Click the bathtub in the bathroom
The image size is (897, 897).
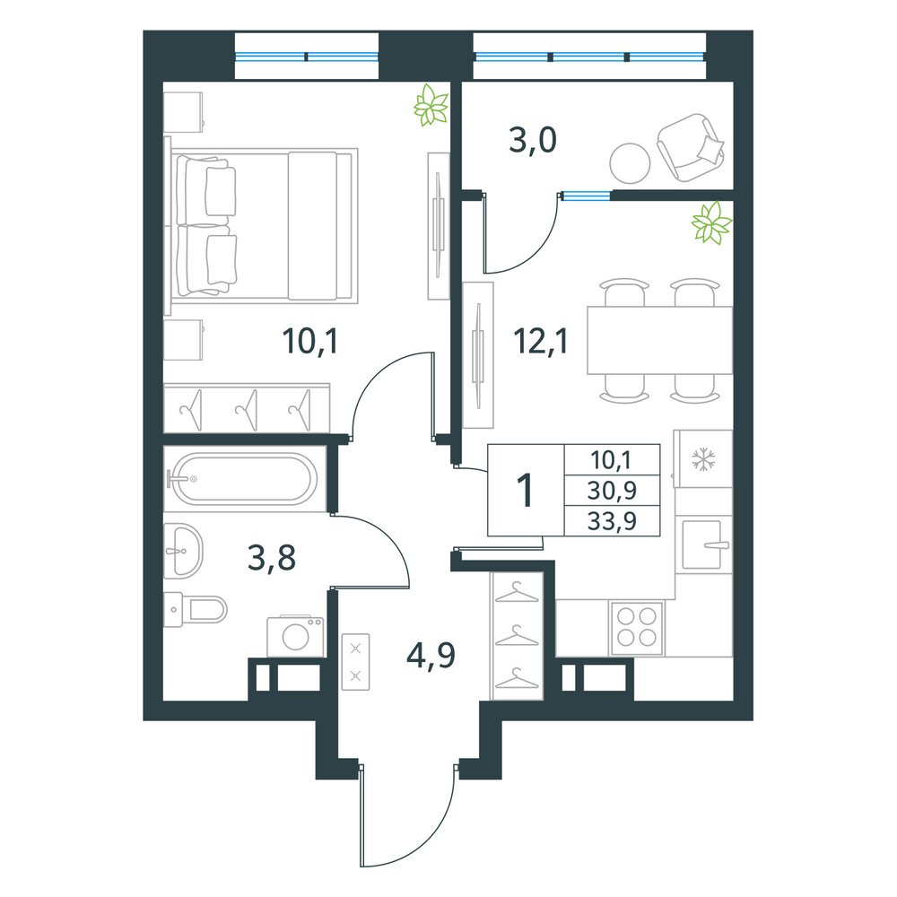coord(244,478)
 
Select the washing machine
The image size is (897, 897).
coord(295,636)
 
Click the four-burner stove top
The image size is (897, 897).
coord(637,628)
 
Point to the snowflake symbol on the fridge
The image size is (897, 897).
coord(703,459)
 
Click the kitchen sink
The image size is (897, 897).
coord(703,544)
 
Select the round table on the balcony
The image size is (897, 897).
coord(630,163)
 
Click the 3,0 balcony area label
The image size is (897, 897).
coord(532,141)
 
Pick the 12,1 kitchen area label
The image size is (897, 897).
coord(541,342)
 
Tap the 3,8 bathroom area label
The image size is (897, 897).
coord(272,558)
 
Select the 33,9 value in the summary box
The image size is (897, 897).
coord(612,521)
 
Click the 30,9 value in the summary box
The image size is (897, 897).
coord(612,491)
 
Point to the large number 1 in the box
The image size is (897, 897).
coord(525,491)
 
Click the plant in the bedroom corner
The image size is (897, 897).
coord(431,105)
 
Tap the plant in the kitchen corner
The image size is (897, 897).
coord(711,222)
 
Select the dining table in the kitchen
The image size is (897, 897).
coord(659,340)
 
